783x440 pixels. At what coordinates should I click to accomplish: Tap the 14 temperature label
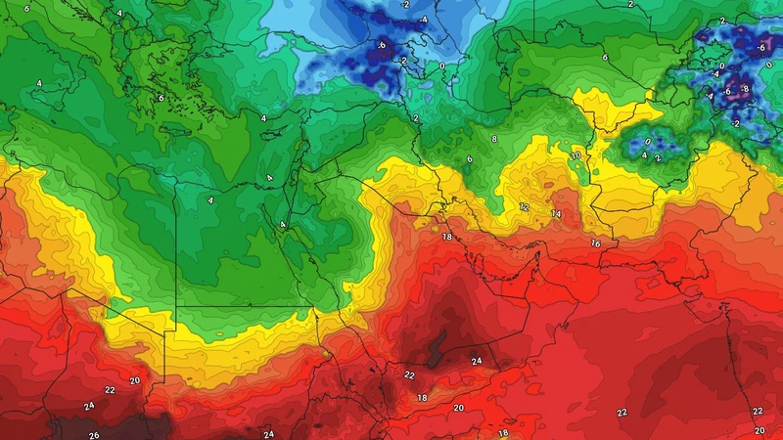pos(556,213)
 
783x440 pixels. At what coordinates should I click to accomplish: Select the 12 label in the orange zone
pos(525,207)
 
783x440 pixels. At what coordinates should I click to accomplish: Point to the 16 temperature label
pos(595,242)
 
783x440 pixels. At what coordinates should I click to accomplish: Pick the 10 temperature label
pos(576,155)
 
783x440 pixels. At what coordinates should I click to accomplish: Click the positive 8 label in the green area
pos(494,140)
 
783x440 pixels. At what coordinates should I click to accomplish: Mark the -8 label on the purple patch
pos(745,89)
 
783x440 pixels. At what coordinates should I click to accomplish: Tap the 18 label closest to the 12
pos(446,237)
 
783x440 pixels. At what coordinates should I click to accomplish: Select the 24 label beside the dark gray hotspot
pos(477,362)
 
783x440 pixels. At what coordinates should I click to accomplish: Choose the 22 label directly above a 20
pos(758,412)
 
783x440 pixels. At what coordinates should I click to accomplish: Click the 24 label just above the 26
pos(88,406)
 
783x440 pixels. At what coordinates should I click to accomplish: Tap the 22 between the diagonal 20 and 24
pos(110,390)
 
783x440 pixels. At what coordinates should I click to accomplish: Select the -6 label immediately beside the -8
pos(727,91)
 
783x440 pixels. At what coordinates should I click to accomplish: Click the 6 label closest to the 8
pos(470,159)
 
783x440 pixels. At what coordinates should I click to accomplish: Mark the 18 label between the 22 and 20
pos(423,398)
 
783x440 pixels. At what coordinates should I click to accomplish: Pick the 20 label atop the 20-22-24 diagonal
pos(135,380)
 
